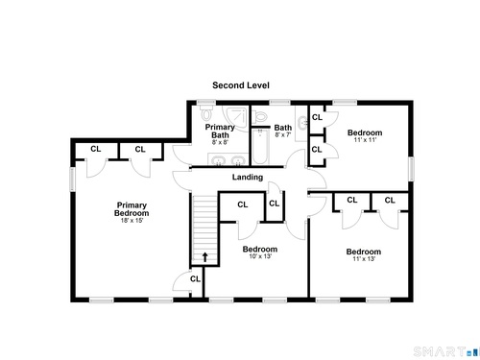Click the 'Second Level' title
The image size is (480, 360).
coord(241,85)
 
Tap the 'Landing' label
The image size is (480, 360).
coord(248,178)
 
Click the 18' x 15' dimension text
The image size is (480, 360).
coord(132,221)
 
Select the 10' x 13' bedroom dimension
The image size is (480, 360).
coord(260,256)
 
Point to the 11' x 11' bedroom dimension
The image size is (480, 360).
coord(365,140)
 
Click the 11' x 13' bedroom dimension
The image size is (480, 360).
coord(364,259)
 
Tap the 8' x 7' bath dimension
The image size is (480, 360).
coord(283,135)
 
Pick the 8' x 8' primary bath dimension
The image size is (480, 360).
coord(220,142)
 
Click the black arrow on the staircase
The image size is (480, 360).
coord(204,257)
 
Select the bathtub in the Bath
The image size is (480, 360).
coord(260,147)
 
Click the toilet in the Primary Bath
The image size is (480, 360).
coord(206,112)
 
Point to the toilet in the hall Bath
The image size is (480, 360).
coord(259,116)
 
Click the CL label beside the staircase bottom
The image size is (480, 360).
coord(195,279)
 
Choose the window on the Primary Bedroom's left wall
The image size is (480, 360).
coord(73,180)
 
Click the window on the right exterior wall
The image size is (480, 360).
coord(411,169)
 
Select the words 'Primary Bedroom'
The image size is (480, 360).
coord(132,209)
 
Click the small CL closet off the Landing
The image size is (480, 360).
coord(275,204)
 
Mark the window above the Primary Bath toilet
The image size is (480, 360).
coord(206,103)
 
